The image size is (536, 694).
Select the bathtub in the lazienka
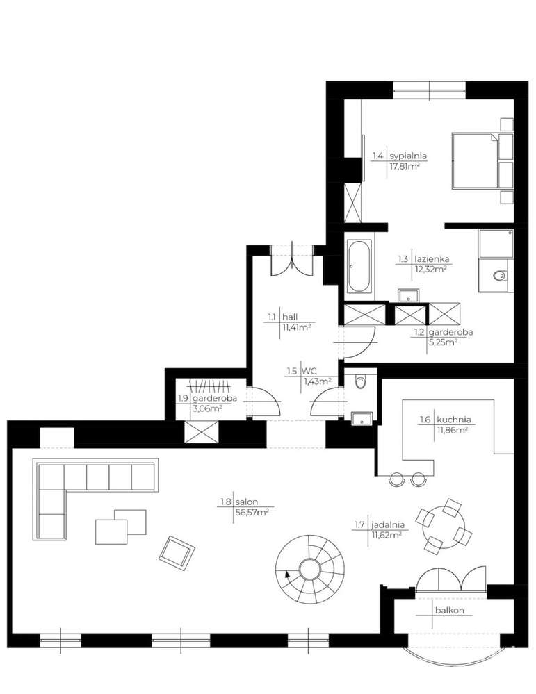click(x=359, y=267)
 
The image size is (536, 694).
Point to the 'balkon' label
click(x=450, y=611)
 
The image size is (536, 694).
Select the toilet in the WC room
click(x=359, y=381)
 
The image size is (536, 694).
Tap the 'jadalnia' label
click(x=388, y=524)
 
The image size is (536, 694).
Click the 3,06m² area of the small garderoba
click(x=206, y=409)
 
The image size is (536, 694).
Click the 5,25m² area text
click(x=443, y=342)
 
